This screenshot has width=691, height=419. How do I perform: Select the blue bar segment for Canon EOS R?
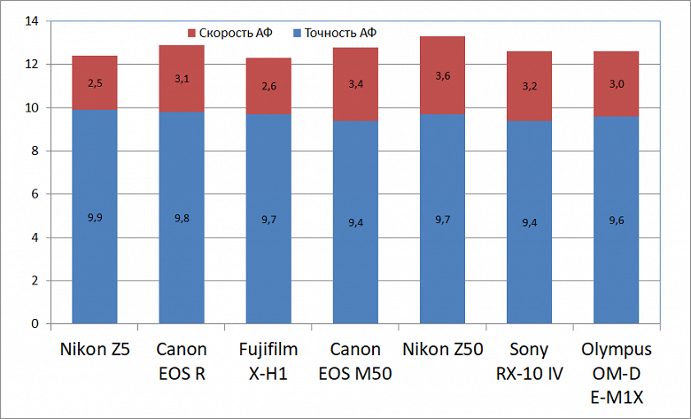pos(182,217)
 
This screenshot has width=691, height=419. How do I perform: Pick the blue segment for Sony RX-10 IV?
pos(529,221)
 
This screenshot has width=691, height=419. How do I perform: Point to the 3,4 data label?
pos(355,84)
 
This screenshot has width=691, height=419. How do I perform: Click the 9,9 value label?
pos(95,217)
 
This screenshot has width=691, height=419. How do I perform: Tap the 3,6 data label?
pos(442,76)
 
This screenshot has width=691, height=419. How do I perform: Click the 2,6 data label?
pos(268,86)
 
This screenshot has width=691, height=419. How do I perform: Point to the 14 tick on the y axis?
pos(34,21)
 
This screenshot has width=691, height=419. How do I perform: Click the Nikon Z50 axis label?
pos(442,350)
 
